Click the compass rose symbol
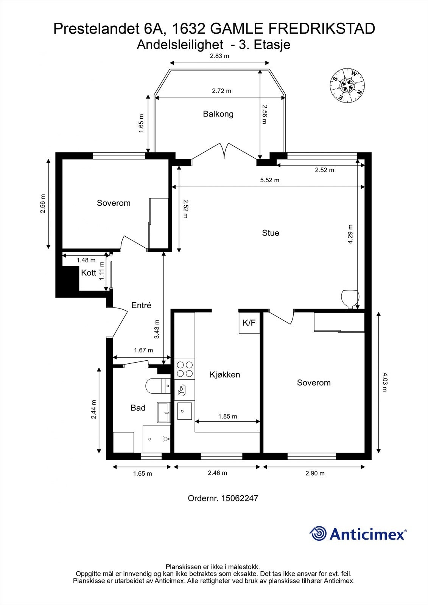coord(347,85)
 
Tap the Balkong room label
coord(218,114)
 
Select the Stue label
coord(270,233)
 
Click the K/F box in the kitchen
coord(249,323)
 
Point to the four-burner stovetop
coord(185,369)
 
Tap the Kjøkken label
coord(225,375)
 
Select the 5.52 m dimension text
coord(269,180)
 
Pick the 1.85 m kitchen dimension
coord(228,416)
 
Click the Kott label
coord(89,273)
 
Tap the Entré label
coord(141,305)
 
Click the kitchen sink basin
coord(184,411)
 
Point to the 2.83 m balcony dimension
coord(219,56)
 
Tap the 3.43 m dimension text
coord(157,329)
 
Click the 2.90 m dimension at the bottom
coord(315,473)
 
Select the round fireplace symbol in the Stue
coord(350,299)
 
